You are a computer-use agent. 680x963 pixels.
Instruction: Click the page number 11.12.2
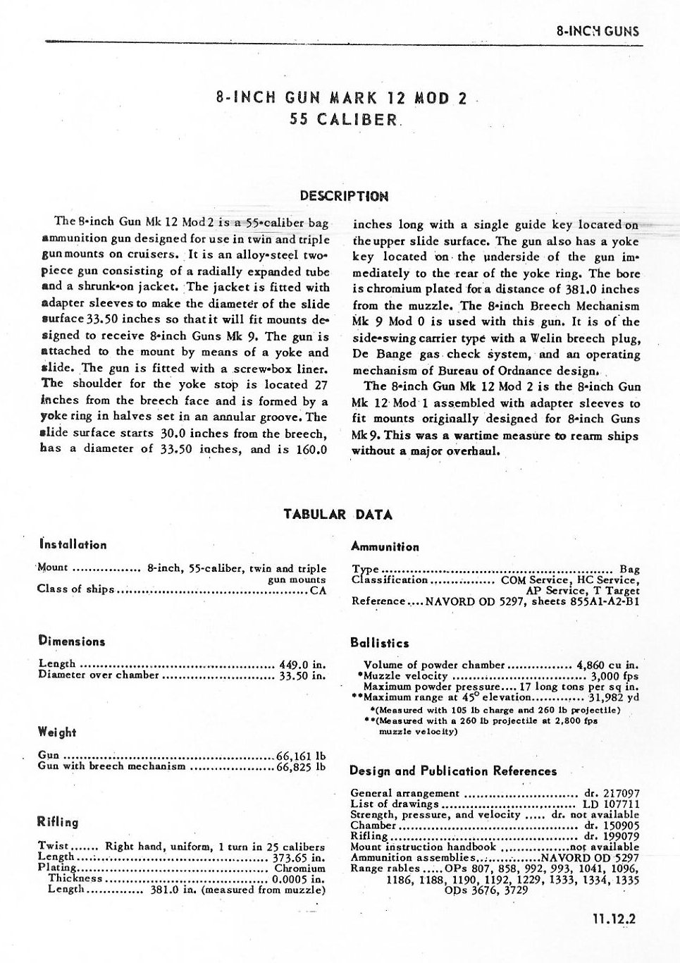point(615,919)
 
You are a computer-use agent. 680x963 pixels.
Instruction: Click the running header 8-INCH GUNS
point(598,31)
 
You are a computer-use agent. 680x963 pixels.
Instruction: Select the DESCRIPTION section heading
point(344,195)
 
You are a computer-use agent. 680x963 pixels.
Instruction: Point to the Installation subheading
point(73,544)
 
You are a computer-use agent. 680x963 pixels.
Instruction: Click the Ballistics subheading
point(379,643)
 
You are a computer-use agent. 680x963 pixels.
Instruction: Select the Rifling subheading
point(58,821)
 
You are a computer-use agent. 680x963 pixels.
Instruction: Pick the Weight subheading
point(57,732)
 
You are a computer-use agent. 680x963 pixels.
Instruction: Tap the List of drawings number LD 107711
point(611,804)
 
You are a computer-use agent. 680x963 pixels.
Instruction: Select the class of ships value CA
point(319,590)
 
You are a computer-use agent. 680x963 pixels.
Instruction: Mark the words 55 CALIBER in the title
point(344,119)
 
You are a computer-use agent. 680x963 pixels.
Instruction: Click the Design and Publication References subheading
point(453,771)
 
